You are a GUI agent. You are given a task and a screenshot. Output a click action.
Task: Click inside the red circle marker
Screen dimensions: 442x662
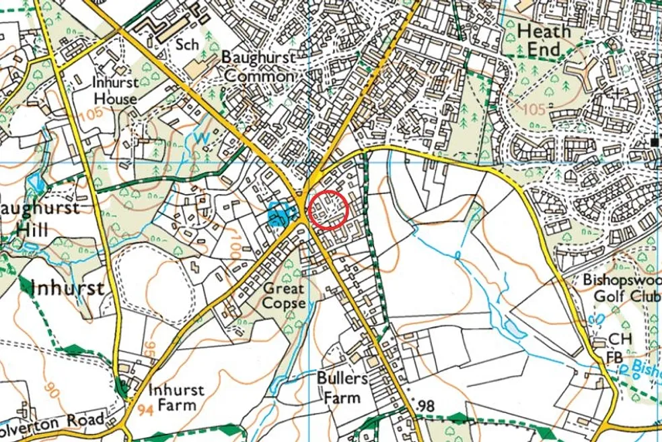pos(328,210)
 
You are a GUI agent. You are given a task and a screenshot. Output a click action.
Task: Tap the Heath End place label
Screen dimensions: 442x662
pos(544,40)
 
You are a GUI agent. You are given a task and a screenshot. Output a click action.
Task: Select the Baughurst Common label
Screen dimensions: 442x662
pos(259,67)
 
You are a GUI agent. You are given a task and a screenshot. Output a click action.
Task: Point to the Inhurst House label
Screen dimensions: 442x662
pos(115,90)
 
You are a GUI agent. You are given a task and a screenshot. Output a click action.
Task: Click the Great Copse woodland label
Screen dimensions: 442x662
pos(283,296)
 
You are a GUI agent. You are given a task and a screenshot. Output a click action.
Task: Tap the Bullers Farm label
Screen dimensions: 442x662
pos(342,387)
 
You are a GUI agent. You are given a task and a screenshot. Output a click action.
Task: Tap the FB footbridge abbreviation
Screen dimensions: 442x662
pos(614,356)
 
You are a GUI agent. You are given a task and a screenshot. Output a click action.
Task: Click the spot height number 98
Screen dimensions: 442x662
pos(426,405)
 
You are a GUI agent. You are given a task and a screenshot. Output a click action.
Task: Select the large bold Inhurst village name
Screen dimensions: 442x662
pos(67,288)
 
